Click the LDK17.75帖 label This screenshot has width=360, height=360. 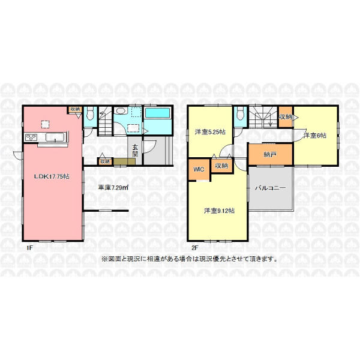click(52, 176)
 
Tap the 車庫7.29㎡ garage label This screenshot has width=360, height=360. click(113, 188)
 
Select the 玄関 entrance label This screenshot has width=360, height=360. click(135, 151)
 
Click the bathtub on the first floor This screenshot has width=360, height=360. click(157, 113)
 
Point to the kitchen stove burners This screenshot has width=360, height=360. click(31, 137)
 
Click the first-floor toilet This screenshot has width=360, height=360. click(90, 113)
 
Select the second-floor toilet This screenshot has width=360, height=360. click(240, 113)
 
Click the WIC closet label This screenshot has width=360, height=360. click(199, 169)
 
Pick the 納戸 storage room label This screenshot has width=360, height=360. click(270, 155)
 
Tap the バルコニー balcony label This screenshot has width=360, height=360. click(271, 188)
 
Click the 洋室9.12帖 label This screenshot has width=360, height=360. click(219, 211)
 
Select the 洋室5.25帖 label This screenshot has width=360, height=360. click(210, 132)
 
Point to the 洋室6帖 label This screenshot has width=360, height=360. click(314, 136)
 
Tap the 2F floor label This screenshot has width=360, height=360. click(195, 248)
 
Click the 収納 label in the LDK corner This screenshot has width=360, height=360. click(75, 109)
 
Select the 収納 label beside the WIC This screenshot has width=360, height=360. click(221, 166)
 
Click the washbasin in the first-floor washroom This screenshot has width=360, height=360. click(121, 111)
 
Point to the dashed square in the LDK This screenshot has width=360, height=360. click(45, 124)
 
